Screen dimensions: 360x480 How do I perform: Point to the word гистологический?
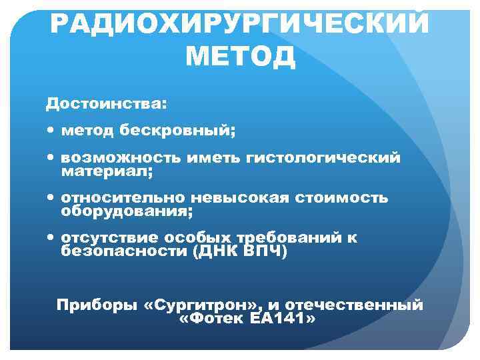click(x=323, y=158)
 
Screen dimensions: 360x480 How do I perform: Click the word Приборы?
click(x=97, y=305)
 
